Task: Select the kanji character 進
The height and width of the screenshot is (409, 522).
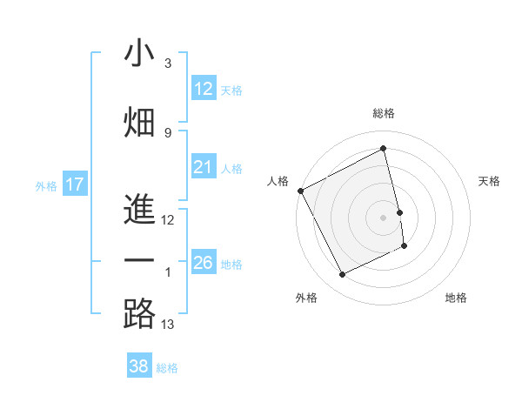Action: [x=139, y=209]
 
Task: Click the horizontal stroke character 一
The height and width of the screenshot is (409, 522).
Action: [x=139, y=261]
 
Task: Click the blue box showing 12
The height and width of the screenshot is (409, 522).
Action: [x=204, y=89]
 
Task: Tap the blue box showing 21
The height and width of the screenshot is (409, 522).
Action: [x=204, y=168]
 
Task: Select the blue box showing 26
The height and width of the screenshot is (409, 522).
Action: [x=204, y=263]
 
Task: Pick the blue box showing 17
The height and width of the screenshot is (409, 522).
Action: [x=75, y=184]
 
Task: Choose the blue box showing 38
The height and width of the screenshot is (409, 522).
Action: [x=139, y=366]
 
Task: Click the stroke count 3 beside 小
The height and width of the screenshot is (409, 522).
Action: [x=168, y=64]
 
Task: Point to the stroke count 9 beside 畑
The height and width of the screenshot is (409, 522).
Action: [x=168, y=132]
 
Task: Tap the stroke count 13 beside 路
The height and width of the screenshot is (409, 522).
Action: [x=169, y=325]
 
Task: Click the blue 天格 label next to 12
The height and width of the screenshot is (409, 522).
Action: [x=231, y=90]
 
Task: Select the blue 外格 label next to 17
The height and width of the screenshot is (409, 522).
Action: [x=46, y=185]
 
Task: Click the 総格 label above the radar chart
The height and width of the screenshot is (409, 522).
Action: [x=384, y=113]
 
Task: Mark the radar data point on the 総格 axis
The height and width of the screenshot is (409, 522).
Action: [x=384, y=149]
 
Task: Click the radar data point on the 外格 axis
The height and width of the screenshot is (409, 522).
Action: [x=343, y=275]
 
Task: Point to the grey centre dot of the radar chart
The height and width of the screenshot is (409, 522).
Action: [x=384, y=218]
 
